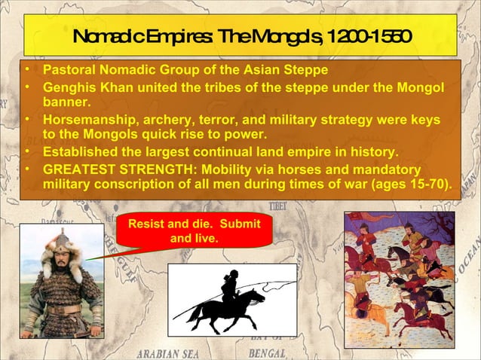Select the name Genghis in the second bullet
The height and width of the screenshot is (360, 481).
tap(68, 87)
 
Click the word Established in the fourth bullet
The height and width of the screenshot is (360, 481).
tap(78, 151)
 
